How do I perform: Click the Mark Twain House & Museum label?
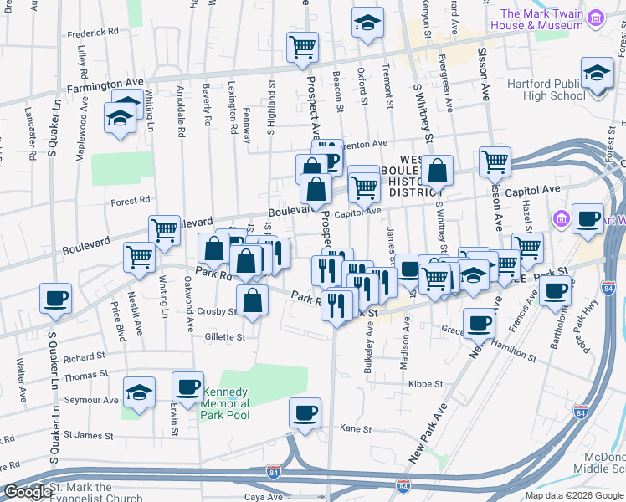[x=541, y=19]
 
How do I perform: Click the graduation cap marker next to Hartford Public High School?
[x=597, y=74]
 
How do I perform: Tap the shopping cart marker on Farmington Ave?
[x=302, y=47]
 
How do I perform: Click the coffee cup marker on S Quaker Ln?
[x=55, y=299]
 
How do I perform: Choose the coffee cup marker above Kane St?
[x=305, y=413]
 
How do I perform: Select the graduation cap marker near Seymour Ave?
[x=139, y=392]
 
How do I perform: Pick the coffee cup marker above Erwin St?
[x=187, y=387]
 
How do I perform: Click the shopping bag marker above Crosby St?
[x=252, y=301]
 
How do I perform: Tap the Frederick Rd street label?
[x=94, y=33]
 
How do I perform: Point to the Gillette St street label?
[x=224, y=337]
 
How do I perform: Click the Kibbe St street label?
[x=425, y=384]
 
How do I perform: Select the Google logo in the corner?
[x=27, y=492]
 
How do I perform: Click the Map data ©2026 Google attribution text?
[x=574, y=495]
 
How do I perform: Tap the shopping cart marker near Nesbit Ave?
[x=139, y=257]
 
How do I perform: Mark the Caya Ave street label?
[x=264, y=497]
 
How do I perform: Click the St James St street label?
[x=88, y=436]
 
